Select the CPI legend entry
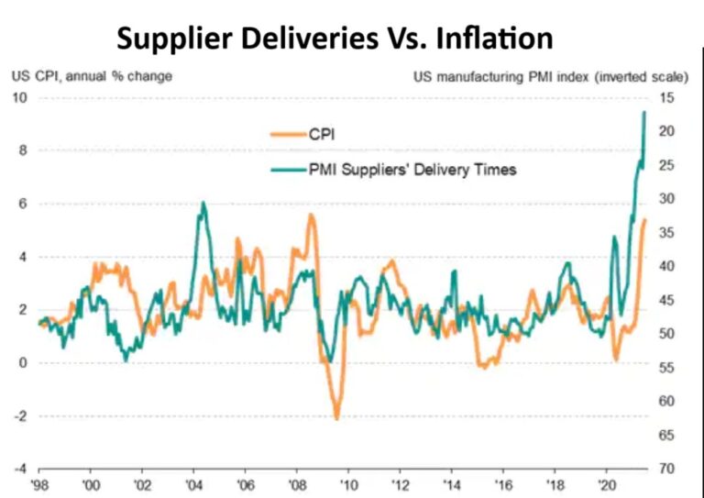tap(323, 135)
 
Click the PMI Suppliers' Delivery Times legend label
tap(412, 169)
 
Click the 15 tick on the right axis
tap(666, 97)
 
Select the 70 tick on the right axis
tap(666, 469)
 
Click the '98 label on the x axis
tap(39, 483)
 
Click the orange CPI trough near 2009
tap(336, 418)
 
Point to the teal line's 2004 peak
tap(203, 203)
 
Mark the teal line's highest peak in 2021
tap(644, 112)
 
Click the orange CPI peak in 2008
tap(311, 215)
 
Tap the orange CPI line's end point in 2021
tap(645, 219)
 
